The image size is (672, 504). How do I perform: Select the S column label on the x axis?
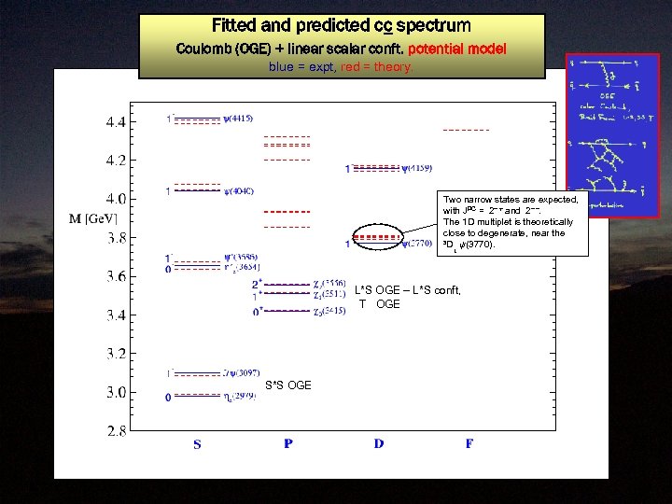(x=197, y=445)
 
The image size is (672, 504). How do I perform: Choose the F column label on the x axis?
(x=469, y=444)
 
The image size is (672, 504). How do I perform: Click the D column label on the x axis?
(x=379, y=444)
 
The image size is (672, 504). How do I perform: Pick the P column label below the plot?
(x=288, y=444)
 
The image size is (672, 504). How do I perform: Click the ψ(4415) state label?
(x=238, y=119)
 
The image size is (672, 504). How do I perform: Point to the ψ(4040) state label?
(x=238, y=191)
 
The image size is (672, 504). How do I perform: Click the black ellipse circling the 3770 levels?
(x=378, y=240)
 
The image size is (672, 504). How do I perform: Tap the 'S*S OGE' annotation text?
(x=288, y=385)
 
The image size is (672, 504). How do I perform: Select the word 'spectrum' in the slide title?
(x=429, y=25)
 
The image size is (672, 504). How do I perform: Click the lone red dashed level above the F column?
(x=466, y=129)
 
